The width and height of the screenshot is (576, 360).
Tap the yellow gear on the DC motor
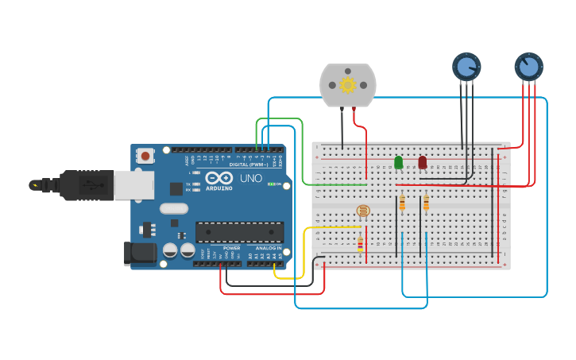pos(347,85)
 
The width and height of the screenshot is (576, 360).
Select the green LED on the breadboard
pos(398,162)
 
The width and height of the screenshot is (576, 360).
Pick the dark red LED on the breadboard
pos(422,162)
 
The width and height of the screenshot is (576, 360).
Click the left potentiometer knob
pos(466,67)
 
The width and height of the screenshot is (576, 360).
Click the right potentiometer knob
pos(528,67)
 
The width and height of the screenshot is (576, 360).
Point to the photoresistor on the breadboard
pos(363,211)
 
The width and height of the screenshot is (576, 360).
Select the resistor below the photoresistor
pos(360,243)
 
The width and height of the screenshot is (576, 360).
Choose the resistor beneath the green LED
pos(402,204)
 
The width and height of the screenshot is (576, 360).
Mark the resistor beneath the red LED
pos(426,204)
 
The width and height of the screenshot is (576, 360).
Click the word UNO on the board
pos(251,178)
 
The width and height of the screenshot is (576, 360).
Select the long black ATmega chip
pos(239,232)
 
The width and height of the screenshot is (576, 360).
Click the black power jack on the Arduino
pos(139,254)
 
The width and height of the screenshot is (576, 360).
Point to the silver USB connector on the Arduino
pos(133,185)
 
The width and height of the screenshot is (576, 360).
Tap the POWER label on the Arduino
pos(231,248)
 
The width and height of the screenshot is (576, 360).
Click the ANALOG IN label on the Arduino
pos(268,248)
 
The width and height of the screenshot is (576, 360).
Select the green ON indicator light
pos(273,184)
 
